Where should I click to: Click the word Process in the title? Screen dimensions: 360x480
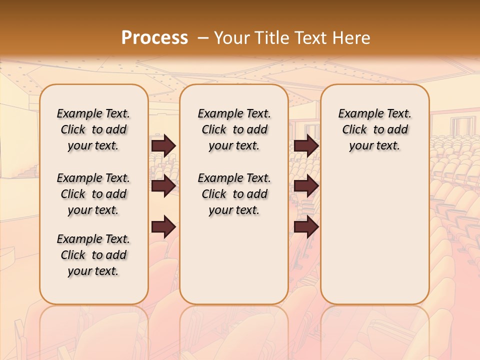click(x=154, y=38)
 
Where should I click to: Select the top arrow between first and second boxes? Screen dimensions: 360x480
click(x=163, y=145)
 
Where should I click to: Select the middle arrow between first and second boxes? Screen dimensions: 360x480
click(x=163, y=186)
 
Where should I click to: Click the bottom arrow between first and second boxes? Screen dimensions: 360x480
click(x=163, y=227)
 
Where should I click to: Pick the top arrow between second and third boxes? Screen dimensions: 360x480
click(x=306, y=145)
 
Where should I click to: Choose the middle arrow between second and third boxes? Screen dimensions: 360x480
click(x=306, y=186)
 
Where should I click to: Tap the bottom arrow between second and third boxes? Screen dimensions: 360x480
click(x=306, y=227)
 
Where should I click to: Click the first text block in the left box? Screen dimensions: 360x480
click(x=93, y=129)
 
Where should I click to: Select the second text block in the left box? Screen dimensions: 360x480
click(x=93, y=194)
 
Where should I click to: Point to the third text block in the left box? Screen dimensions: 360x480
click(x=93, y=255)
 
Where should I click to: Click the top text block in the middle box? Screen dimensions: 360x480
click(x=234, y=129)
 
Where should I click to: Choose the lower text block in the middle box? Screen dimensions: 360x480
click(x=234, y=194)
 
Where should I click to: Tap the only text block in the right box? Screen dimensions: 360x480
click(x=374, y=129)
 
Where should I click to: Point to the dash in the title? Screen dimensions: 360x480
click(x=202, y=38)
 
